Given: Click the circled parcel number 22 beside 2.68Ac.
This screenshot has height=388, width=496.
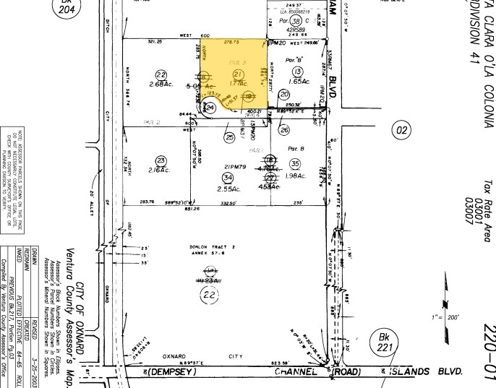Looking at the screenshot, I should [161, 74].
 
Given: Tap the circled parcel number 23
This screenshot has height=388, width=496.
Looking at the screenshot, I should [161, 161].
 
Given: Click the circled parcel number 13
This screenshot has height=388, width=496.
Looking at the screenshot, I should [296, 71].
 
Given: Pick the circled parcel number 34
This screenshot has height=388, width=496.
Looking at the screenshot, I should [228, 177].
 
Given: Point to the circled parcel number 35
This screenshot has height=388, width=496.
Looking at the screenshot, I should [294, 164].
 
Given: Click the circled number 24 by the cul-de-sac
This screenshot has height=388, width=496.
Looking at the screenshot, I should [210, 108].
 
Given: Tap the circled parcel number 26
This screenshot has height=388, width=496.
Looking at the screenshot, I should [284, 130].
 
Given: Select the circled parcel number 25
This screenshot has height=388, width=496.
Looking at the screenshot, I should [230, 136].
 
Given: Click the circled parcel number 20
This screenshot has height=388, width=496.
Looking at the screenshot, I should [284, 94].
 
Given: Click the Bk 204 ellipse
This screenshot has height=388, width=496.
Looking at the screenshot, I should [66, 7].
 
